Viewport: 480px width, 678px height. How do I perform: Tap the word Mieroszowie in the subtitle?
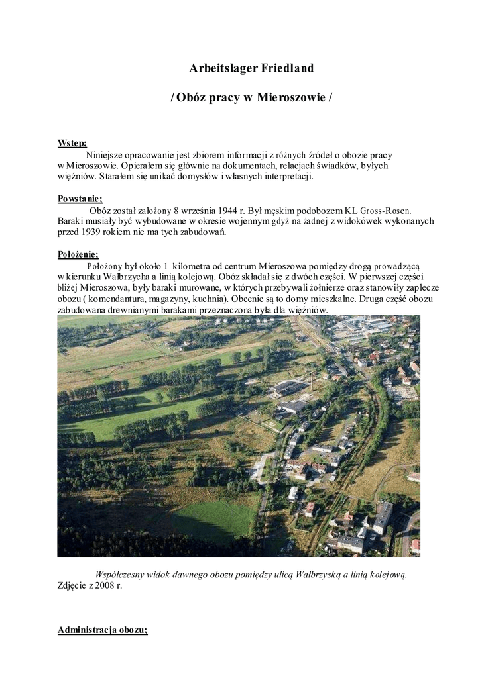click(x=290, y=97)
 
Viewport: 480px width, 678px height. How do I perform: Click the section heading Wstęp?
click(x=72, y=143)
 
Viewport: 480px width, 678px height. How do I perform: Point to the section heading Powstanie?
click(x=80, y=199)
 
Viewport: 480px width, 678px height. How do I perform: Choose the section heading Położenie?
click(x=78, y=254)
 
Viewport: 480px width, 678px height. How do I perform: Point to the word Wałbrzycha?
click(x=132, y=276)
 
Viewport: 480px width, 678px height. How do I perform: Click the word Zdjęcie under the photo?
click(x=72, y=586)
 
